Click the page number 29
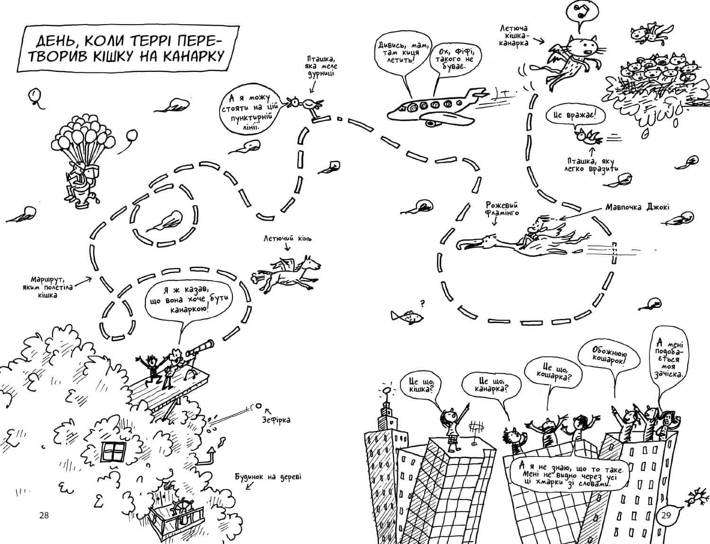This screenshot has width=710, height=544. tap(666, 515)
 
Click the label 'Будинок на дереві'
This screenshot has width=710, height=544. tap(268, 477)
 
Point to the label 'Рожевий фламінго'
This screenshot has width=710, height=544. tap(502, 209)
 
